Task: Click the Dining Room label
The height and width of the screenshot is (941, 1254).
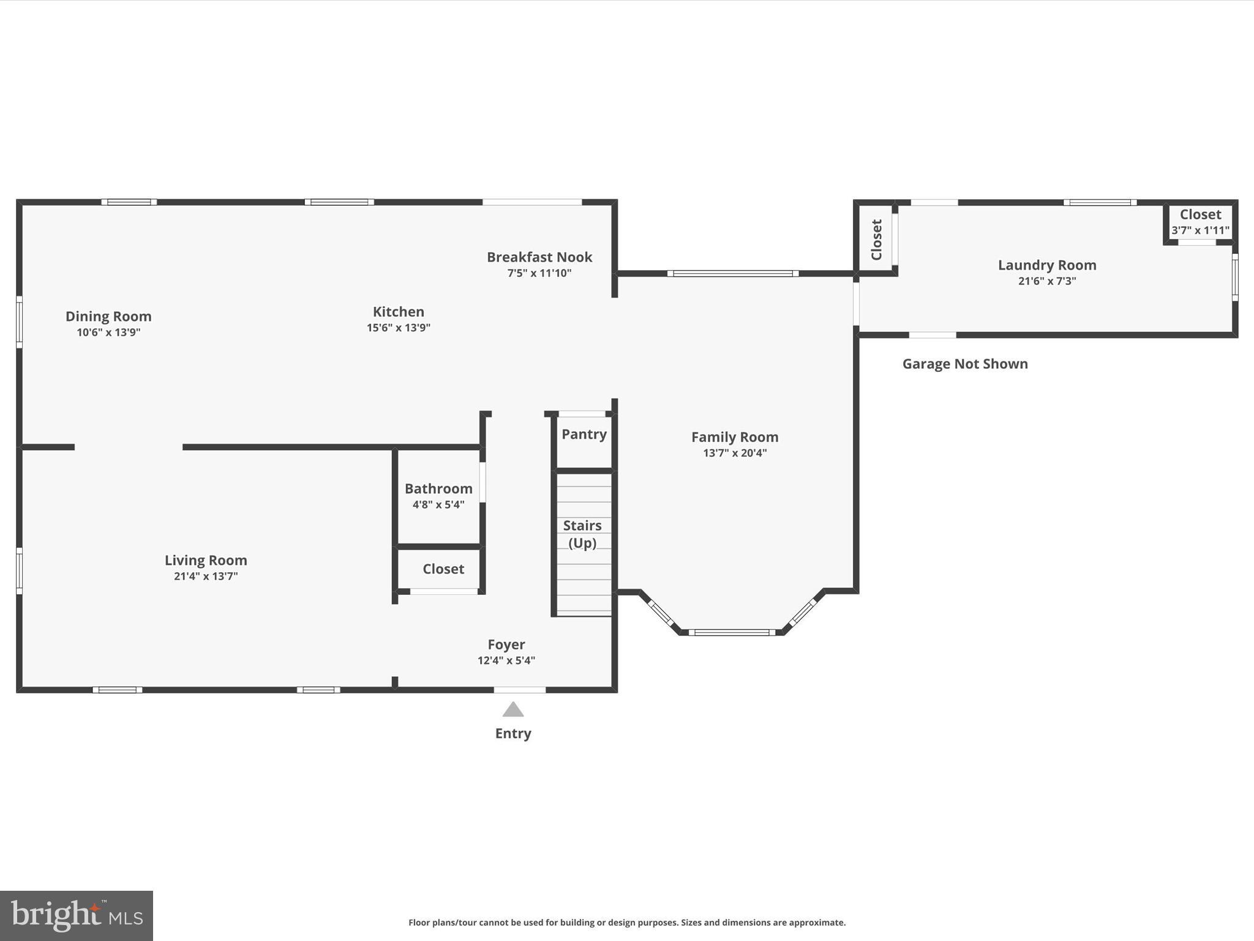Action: [108, 316]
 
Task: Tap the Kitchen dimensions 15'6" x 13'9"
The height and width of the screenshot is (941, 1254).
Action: [398, 328]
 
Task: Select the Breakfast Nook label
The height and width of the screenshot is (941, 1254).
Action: [539, 257]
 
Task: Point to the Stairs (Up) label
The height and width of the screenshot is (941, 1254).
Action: [582, 534]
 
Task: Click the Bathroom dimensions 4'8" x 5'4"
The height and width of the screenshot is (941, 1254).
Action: [438, 505]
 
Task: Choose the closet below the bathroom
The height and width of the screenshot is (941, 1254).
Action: [443, 569]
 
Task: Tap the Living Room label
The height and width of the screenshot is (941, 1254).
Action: [206, 560]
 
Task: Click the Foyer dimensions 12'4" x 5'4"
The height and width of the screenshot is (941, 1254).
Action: [506, 660]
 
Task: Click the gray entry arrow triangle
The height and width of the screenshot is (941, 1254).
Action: [513, 710]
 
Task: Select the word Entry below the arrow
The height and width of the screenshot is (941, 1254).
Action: [513, 733]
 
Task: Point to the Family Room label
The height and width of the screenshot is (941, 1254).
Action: [735, 437]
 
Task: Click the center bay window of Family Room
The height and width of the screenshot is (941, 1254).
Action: [732, 632]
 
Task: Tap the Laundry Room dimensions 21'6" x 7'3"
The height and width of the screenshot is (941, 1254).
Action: [1046, 281]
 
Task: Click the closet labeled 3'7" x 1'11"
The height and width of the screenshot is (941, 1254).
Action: [1200, 222]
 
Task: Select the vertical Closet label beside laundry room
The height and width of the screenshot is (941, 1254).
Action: [876, 240]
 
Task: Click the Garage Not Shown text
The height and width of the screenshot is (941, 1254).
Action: [965, 364]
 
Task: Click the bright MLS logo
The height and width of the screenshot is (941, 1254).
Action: [77, 915]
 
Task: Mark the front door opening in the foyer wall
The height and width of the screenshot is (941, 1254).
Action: [519, 690]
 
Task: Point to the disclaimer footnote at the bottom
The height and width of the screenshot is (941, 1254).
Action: [627, 922]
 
